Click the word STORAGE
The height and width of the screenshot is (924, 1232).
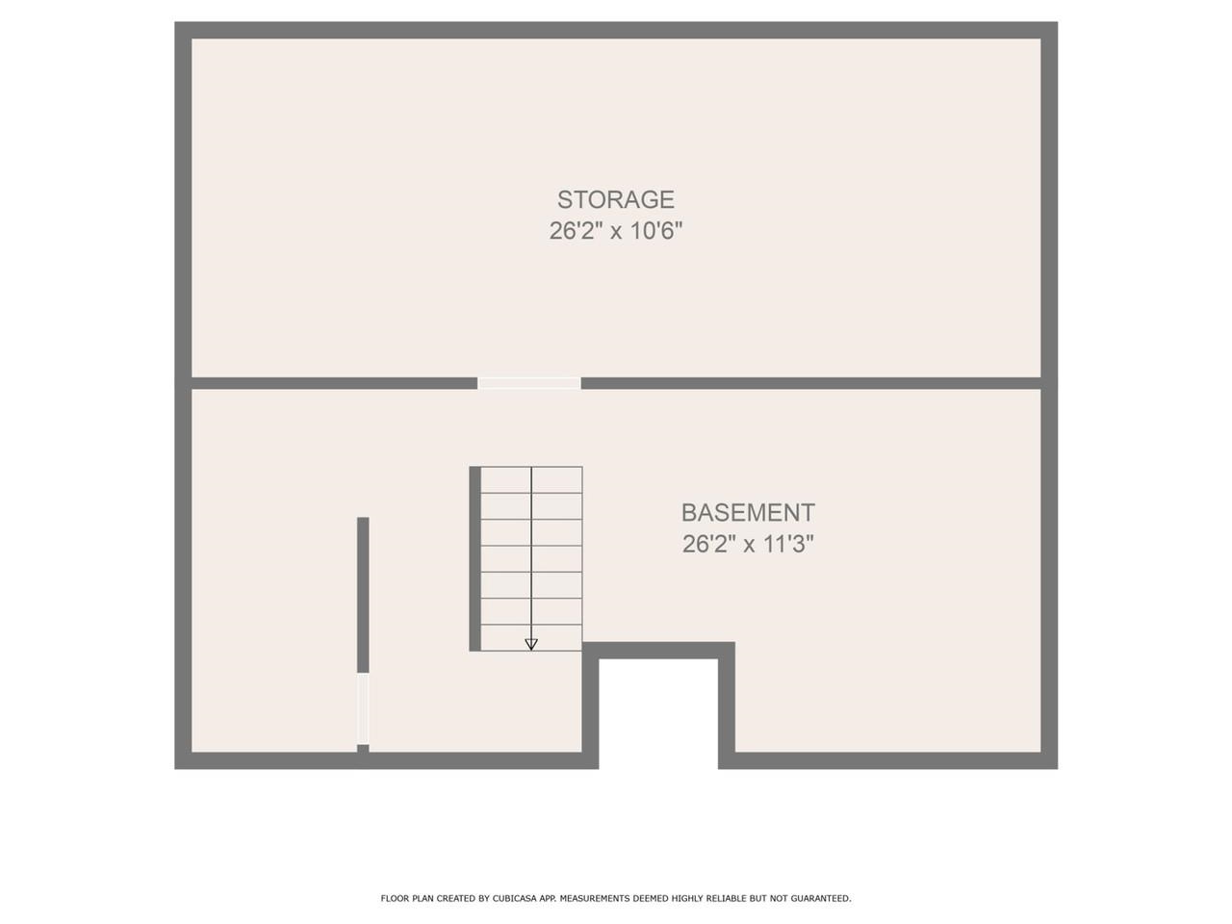pos(616,199)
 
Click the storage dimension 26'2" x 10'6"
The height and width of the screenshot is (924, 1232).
pos(616,231)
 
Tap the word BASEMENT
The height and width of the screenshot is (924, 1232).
pos(748,512)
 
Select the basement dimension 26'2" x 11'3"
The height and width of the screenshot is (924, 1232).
pos(748,544)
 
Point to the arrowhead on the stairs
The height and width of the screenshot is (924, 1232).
pos(531,644)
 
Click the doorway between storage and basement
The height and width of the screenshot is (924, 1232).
pos(529,383)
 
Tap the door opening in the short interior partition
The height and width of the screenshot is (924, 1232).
pos(363,708)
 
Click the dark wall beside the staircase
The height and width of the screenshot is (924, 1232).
pos(475,558)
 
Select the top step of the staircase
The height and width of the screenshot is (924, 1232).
pos(531,479)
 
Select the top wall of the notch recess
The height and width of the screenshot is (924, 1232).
pos(658,651)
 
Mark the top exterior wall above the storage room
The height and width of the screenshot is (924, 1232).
pos(616,30)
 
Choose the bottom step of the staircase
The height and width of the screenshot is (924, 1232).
pos(531,637)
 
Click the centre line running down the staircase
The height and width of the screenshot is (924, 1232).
pos(531,558)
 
